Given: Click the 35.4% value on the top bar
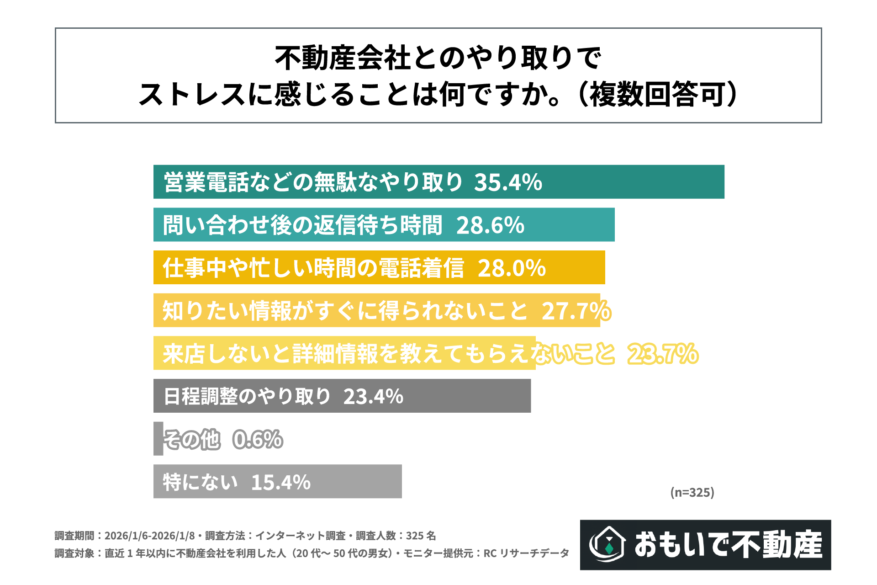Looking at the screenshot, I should click(508, 182).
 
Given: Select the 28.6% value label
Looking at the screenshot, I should click(490, 225).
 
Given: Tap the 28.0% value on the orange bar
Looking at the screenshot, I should click(512, 268).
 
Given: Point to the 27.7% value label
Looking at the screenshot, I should click(576, 311).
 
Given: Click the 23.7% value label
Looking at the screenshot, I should click(663, 354).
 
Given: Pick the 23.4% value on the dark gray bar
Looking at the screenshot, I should click(373, 397).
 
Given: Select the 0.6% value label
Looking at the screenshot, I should click(258, 440).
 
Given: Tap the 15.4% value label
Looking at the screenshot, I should click(280, 482).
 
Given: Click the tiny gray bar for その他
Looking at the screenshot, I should click(158, 439).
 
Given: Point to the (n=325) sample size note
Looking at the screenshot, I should click(692, 492).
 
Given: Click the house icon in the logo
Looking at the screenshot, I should click(608, 544).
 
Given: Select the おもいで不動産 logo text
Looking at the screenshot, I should click(728, 545).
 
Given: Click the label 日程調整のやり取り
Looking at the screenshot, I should click(247, 397).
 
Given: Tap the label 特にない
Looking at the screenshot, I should click(200, 482).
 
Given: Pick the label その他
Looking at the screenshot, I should click(192, 440).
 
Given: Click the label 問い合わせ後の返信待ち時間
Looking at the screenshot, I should click(302, 225).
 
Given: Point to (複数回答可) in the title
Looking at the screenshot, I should click(658, 95).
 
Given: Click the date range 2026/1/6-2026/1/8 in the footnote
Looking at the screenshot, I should click(149, 536).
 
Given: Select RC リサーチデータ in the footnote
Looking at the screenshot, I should click(526, 553).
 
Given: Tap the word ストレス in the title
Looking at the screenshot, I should click(192, 95).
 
